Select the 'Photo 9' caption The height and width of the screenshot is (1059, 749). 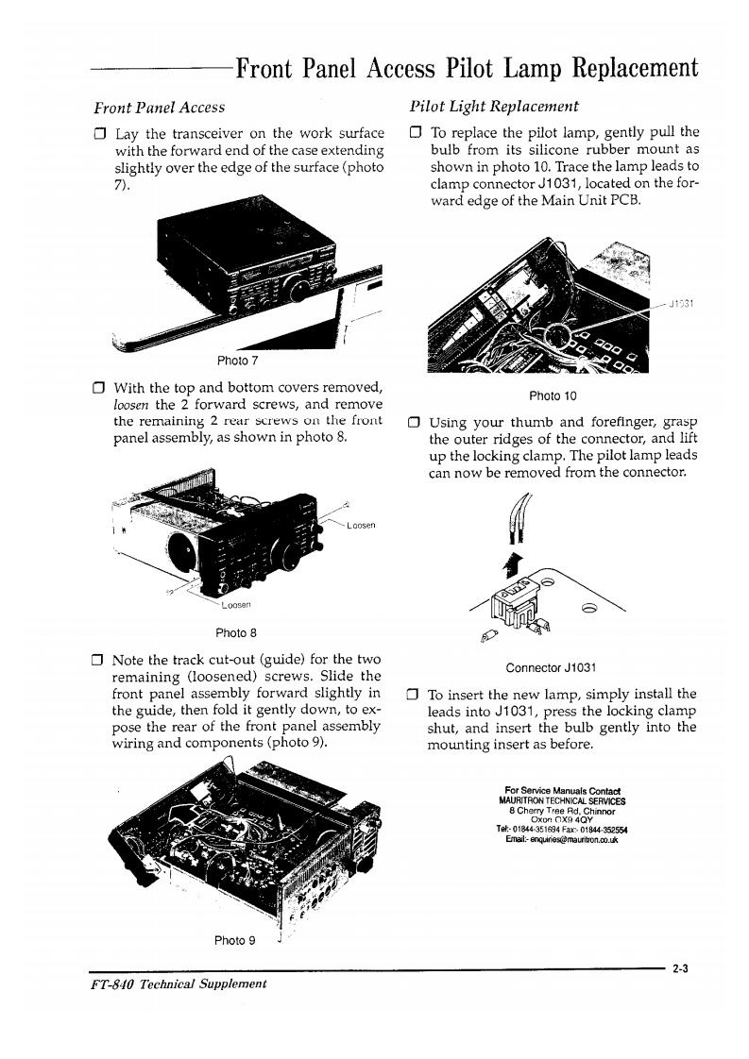[235, 940]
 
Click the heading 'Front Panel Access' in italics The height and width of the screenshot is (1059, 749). [159, 108]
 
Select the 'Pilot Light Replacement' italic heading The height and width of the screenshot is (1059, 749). [494, 106]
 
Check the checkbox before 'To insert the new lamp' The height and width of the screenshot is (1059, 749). [412, 694]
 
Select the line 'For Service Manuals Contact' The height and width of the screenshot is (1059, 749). [561, 790]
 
